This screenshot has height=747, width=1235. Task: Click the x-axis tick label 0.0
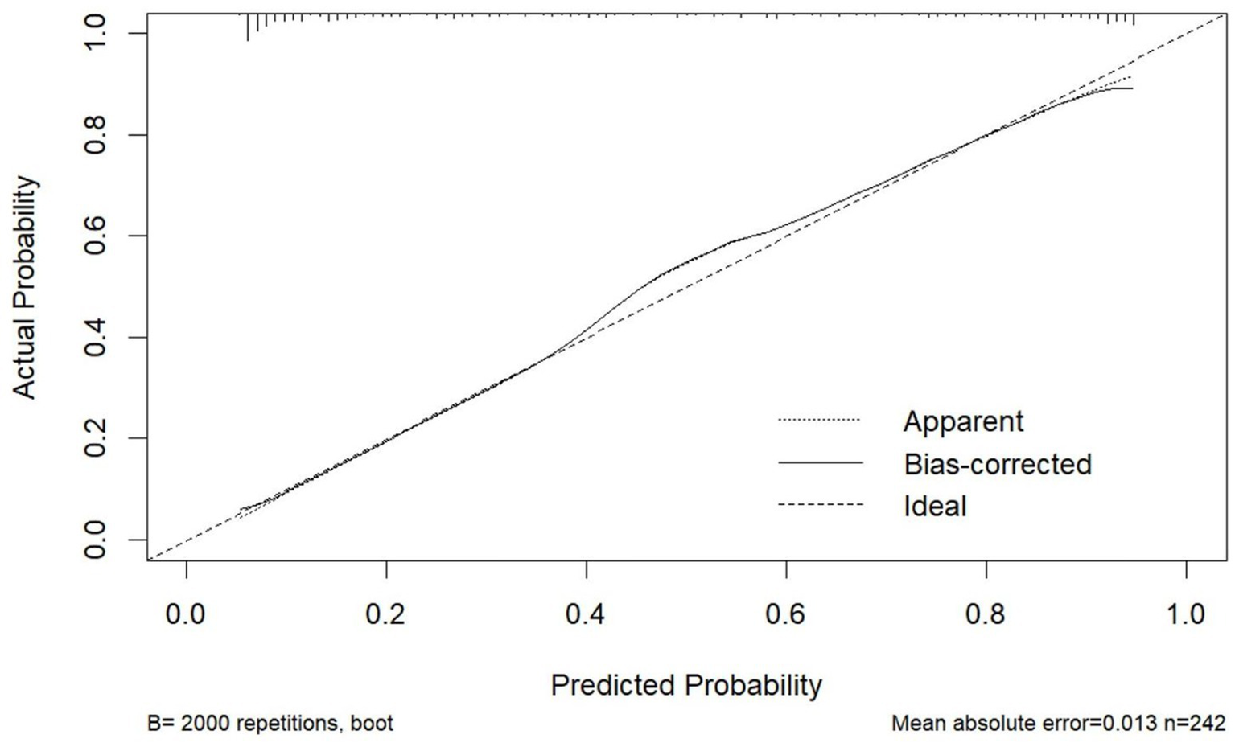coord(186,614)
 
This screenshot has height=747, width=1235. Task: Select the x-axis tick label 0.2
coord(386,614)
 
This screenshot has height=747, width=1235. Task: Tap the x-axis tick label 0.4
coord(586,614)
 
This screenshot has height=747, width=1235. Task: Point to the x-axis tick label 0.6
coord(785,614)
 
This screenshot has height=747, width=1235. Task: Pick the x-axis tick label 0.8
coord(986,614)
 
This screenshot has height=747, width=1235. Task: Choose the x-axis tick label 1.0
coord(1185,614)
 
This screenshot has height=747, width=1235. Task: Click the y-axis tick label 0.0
coord(96,540)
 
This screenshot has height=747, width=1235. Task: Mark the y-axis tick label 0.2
coord(96,438)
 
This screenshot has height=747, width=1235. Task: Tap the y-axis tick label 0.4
coord(96,337)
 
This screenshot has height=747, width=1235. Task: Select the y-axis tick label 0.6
coord(96,236)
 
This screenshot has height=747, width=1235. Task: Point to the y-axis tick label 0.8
coord(96,134)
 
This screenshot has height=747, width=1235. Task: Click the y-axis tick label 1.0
coord(96,33)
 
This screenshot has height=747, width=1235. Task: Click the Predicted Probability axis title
coord(686,685)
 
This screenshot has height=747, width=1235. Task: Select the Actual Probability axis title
coord(25,287)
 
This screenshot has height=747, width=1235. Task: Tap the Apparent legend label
coord(963,421)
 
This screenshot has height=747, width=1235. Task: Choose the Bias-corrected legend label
coord(997,464)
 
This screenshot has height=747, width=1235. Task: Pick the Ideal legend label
coord(934,506)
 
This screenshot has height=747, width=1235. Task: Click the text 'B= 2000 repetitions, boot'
coord(270,724)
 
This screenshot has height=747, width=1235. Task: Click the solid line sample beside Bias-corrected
coord(820,463)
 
